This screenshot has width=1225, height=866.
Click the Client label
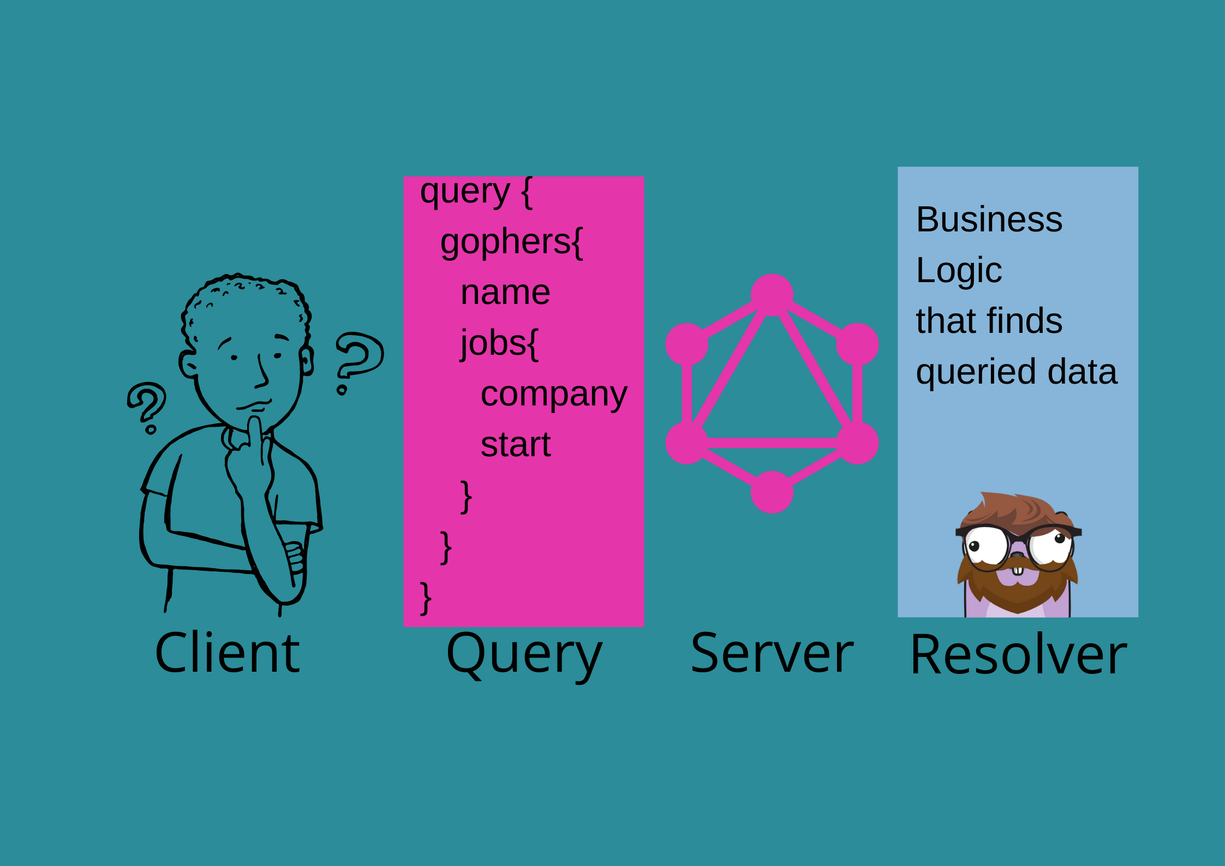coord(227,653)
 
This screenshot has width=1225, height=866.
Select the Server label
coord(772,653)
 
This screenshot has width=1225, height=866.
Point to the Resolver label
coord(1018,654)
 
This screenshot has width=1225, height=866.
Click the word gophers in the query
coord(506,243)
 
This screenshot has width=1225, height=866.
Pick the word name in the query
coord(505,293)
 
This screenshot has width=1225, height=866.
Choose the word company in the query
coord(554,395)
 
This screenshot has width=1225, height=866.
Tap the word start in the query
coord(516,444)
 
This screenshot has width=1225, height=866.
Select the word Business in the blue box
coord(989,219)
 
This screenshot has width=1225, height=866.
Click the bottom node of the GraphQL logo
coord(772,492)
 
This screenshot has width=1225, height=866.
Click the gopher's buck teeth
coord(1018,571)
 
